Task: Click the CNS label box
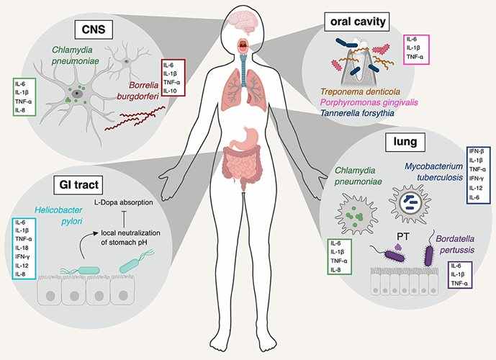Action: click(94, 30)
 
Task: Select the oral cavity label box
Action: click(358, 22)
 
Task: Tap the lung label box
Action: click(405, 142)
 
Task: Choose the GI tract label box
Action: click(78, 185)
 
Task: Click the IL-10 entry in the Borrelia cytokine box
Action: click(170, 91)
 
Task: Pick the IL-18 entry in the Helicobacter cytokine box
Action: click(22, 248)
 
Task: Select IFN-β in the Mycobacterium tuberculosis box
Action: click(477, 151)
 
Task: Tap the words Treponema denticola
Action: click(360, 91)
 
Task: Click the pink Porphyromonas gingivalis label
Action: click(369, 102)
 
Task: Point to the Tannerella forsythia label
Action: click(357, 113)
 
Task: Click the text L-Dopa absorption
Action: click(124, 202)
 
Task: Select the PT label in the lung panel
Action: click(402, 236)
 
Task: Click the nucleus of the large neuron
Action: click(76, 94)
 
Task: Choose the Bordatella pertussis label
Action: click(455, 244)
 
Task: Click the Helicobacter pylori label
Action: click(58, 215)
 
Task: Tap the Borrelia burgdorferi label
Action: click(137, 91)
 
